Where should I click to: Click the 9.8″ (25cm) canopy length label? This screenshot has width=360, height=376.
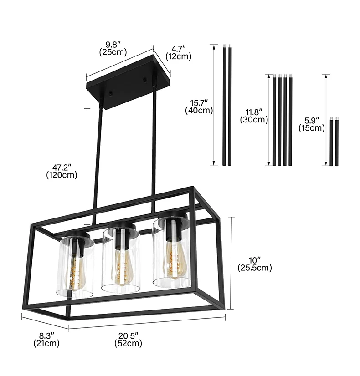(113, 49)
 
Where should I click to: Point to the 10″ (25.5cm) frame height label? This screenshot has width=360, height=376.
(254, 264)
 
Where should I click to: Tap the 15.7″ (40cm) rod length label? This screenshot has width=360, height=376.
(199, 106)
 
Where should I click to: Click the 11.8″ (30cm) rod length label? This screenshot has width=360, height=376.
(254, 116)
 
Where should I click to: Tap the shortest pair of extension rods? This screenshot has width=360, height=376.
(335, 141)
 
